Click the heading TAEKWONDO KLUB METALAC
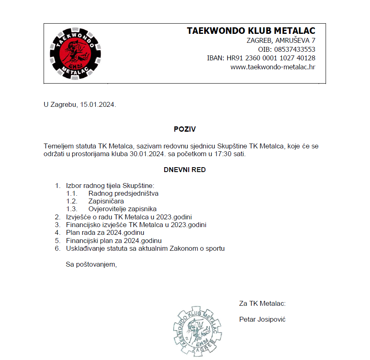251,31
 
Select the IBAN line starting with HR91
261,58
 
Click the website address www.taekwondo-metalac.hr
273,67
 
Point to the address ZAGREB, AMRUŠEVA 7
281,40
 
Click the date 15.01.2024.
98,104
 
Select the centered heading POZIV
185,129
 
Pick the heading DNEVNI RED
185,170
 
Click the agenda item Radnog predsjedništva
123,193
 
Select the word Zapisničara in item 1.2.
106,201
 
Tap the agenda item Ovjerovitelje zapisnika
122,209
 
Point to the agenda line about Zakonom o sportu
145,248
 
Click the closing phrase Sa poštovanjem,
91,264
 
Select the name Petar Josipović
262,319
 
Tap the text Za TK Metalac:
262,303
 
